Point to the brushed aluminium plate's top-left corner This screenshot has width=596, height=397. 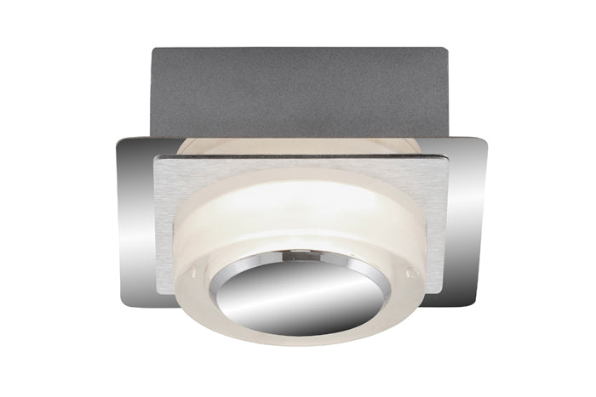pyautogui.click(x=155, y=158)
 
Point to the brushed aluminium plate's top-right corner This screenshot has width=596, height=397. pyautogui.click(x=447, y=156)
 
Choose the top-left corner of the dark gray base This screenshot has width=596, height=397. pyautogui.click(x=152, y=49)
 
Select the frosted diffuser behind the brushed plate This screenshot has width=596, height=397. pyautogui.click(x=298, y=145)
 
